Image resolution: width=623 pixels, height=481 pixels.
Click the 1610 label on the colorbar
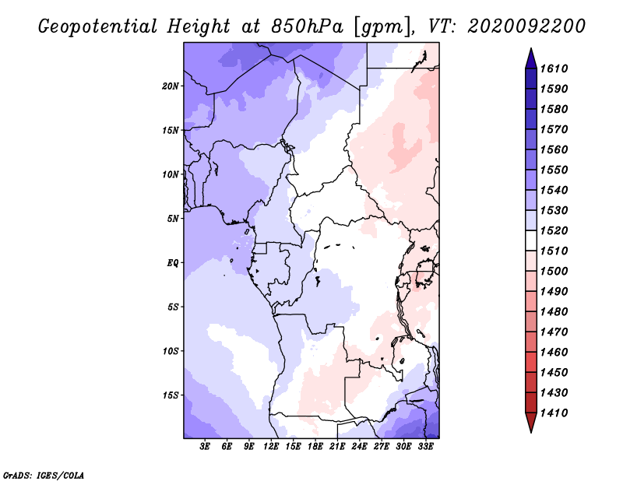(554, 68)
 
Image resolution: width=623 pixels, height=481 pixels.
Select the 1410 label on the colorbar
(554, 413)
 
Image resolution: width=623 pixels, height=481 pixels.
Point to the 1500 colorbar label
(554, 272)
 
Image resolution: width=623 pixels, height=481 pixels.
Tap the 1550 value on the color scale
(554, 170)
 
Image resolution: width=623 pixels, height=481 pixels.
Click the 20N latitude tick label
(171, 86)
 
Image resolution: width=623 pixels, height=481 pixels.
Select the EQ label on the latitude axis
(172, 263)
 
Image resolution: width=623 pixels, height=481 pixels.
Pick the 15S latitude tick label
(171, 395)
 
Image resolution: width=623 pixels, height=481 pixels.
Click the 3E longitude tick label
(205, 447)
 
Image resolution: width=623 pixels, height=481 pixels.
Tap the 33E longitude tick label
(425, 447)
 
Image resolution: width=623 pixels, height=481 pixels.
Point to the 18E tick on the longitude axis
(315, 447)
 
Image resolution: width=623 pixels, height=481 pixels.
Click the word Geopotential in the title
(98, 26)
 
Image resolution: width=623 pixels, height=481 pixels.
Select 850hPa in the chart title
(307, 26)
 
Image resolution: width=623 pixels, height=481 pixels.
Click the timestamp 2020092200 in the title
(526, 26)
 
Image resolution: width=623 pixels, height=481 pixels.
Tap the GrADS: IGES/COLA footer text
(44, 476)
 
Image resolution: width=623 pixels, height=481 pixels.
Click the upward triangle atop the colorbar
(531, 58)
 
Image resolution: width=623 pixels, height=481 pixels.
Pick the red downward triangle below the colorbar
(531, 423)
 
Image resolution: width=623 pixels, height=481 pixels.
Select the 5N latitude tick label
(172, 219)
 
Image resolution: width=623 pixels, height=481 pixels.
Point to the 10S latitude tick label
(171, 351)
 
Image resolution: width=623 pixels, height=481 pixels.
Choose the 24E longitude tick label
(359, 447)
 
